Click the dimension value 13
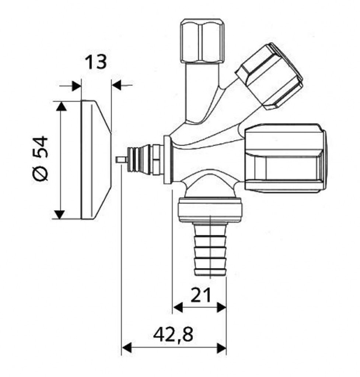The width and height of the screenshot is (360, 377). pos(95,62)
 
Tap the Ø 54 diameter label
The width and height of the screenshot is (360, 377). pos(40,158)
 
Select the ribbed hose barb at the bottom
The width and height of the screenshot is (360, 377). pos(210,249)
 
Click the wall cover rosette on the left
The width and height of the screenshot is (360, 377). pos(96,160)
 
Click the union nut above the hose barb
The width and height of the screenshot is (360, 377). pos(210,209)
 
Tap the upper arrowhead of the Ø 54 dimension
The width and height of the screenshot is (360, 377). pos(61,106)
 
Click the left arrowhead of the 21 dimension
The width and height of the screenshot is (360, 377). pos(178,307)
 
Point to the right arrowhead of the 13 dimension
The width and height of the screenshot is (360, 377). pos(117,85)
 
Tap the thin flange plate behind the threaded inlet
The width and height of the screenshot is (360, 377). pos(167,160)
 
